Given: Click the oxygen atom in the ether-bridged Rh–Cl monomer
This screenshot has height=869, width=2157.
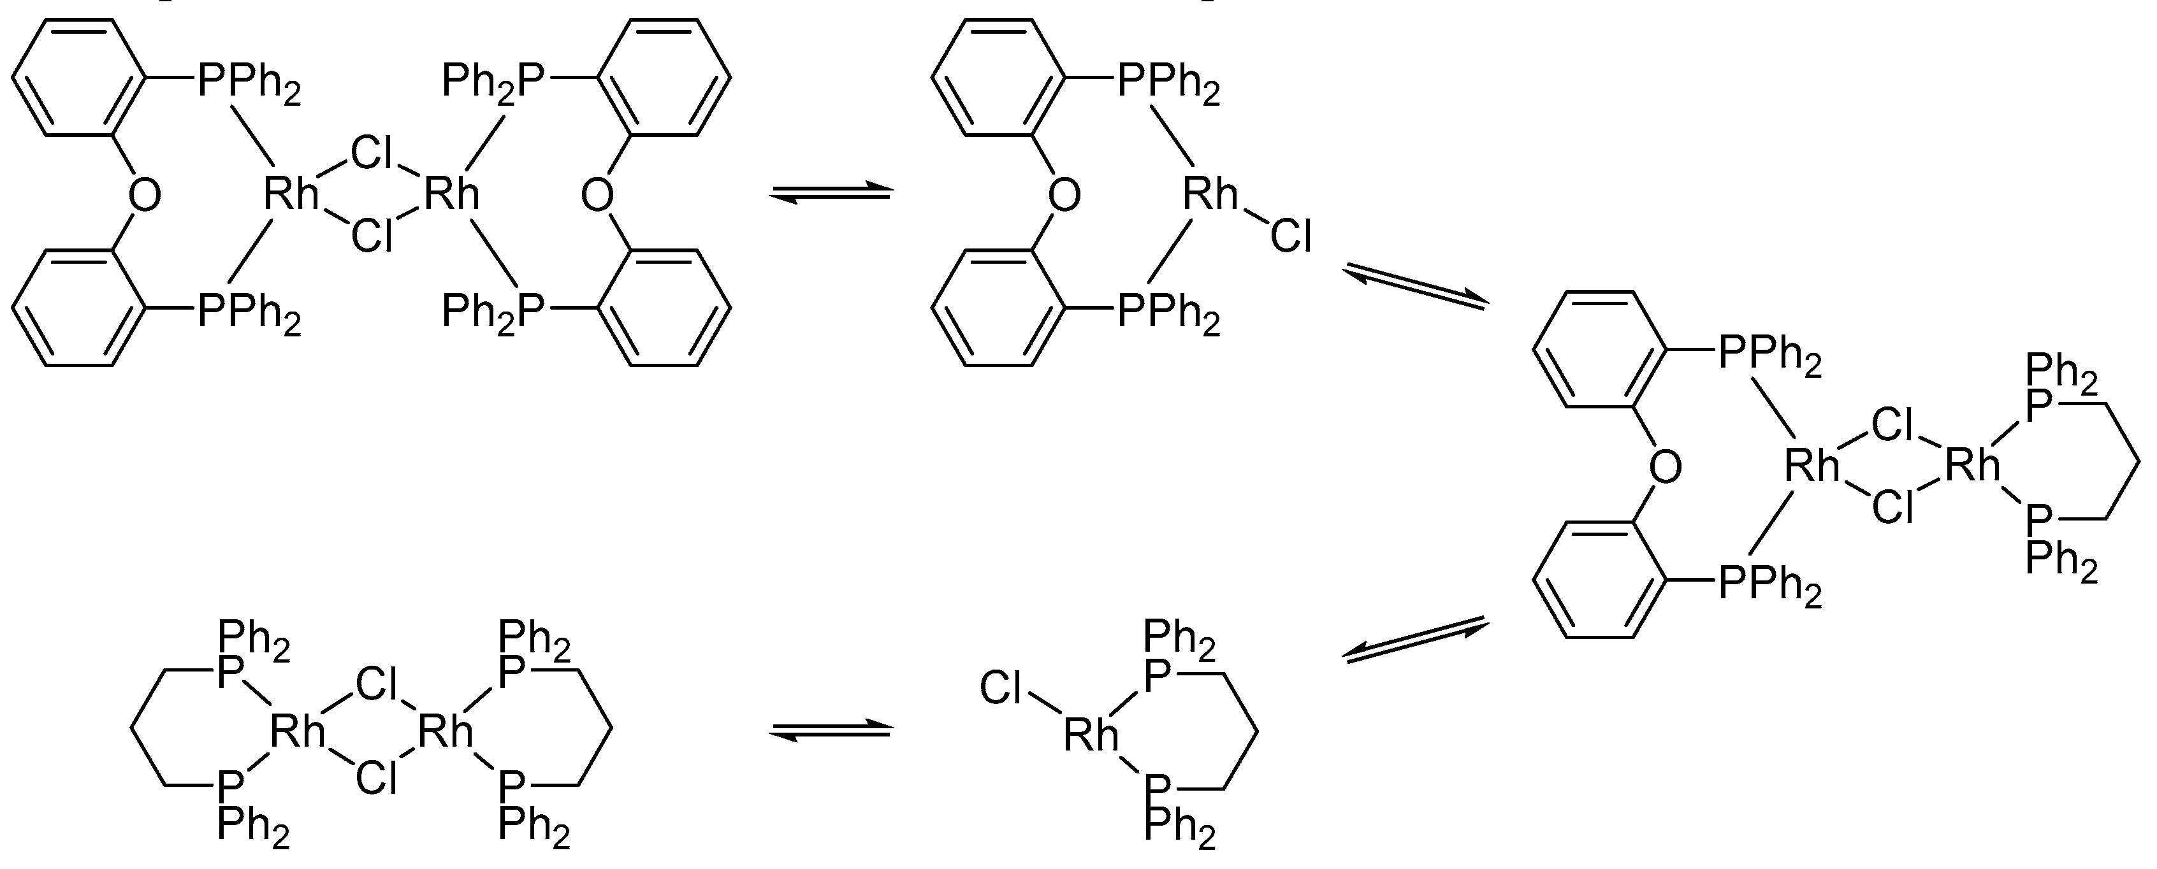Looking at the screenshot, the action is pos(1063,195).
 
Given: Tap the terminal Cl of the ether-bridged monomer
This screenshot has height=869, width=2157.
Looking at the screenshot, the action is pos(1290,236).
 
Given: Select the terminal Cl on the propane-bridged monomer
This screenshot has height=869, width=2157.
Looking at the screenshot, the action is pos(1000,689).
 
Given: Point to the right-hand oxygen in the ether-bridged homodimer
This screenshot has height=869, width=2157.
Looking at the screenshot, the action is pos(597,195).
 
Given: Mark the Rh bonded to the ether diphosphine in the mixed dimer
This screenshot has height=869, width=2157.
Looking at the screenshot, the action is pos(1811,466).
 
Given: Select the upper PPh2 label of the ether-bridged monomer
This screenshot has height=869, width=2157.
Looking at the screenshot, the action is pos(1169,81).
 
